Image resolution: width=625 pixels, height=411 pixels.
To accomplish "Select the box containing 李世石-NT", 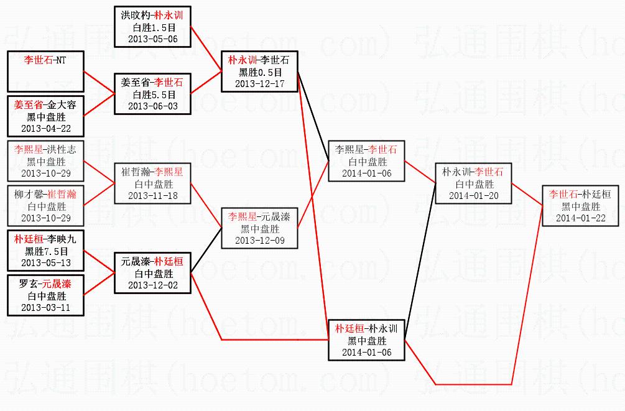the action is [45, 72].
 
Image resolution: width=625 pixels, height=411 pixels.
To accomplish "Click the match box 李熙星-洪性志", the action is [45, 160].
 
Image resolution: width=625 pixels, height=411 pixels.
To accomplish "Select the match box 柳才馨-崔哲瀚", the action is [45, 206].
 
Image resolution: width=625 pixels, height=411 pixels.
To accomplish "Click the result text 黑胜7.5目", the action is [45, 251].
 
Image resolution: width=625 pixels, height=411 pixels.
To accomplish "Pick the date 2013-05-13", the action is [45, 262].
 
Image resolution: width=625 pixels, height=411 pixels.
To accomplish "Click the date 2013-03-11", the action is [45, 307].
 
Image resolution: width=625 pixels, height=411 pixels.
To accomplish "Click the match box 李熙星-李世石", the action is [366, 161].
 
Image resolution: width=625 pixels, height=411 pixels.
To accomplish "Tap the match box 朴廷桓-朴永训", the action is [366, 340].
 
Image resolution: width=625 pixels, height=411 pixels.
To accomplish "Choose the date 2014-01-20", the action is [473, 195].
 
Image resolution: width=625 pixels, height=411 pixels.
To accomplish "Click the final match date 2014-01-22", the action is [580, 218].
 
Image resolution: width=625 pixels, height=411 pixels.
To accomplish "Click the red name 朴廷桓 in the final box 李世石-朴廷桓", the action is [596, 195].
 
